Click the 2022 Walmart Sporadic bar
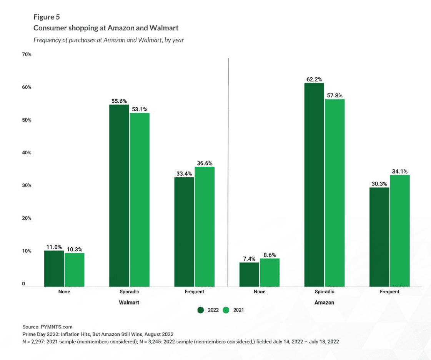click(119, 195)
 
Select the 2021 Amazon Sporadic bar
click(334, 193)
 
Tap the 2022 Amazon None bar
click(249, 274)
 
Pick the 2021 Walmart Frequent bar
click(205, 227)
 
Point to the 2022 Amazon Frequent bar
click(379, 237)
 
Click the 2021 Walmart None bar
click(75, 270)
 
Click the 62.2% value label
click(314, 79)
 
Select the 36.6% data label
click(205, 163)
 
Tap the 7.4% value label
click(249, 259)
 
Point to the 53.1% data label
click(140, 109)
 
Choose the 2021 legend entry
click(234, 310)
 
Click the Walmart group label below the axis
click(129, 302)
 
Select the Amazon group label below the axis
click(324, 302)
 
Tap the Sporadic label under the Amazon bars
click(324, 292)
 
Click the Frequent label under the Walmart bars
click(194, 292)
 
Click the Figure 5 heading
click(47, 17)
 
